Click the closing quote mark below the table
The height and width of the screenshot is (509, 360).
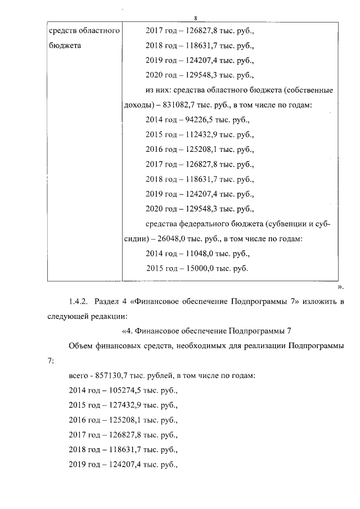pos(339,286)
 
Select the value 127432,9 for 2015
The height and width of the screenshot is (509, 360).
pos(125,404)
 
